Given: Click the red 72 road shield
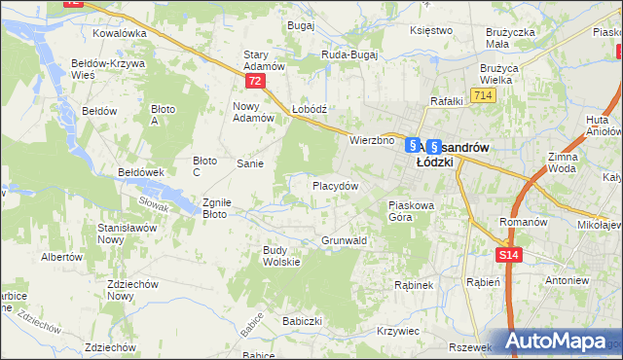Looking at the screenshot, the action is [254, 82].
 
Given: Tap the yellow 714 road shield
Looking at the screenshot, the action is [482, 94].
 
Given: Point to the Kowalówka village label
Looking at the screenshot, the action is [119, 32].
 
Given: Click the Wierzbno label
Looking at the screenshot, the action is [372, 140].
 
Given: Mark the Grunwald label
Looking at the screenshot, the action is [344, 239].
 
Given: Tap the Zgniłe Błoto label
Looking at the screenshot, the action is [215, 208].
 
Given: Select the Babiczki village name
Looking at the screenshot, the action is [302, 320].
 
